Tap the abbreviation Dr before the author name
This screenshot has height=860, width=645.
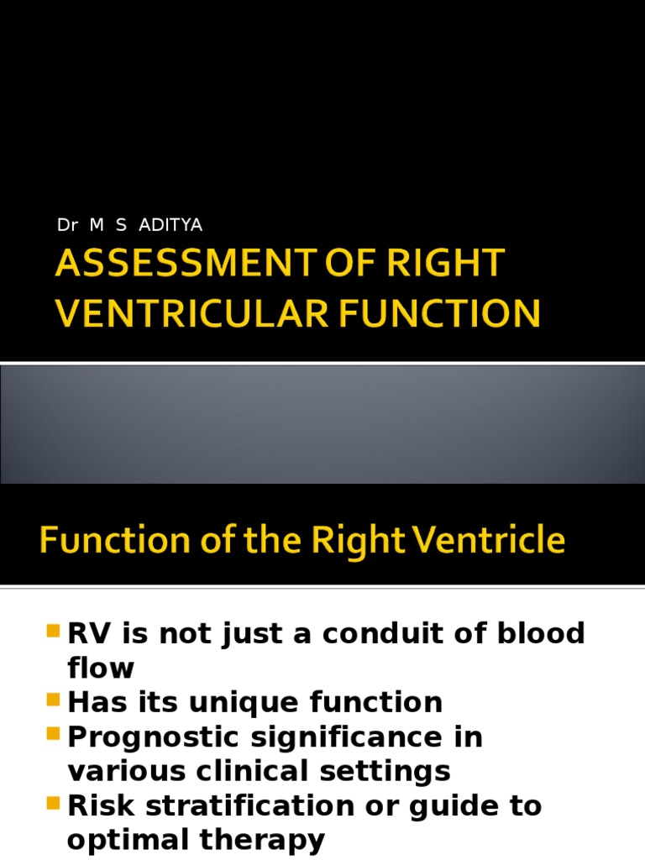(66, 225)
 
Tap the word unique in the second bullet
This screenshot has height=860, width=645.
(235, 701)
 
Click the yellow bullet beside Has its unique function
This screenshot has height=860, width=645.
(54, 700)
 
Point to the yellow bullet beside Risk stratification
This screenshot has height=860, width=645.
(54, 804)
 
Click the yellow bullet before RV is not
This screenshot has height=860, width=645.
(54, 631)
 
